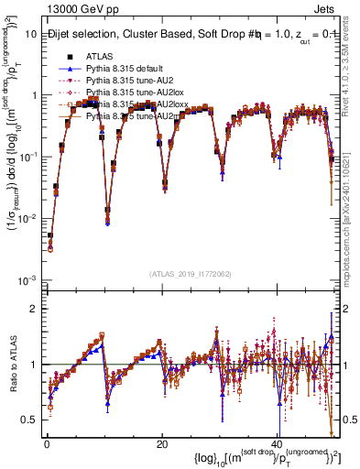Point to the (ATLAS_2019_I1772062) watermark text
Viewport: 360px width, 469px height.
pos(191,274)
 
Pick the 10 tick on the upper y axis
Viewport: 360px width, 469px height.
pos(30,33)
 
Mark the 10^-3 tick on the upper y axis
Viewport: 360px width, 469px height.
pos(27,278)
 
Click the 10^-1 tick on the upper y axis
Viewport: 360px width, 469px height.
pos(27,156)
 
